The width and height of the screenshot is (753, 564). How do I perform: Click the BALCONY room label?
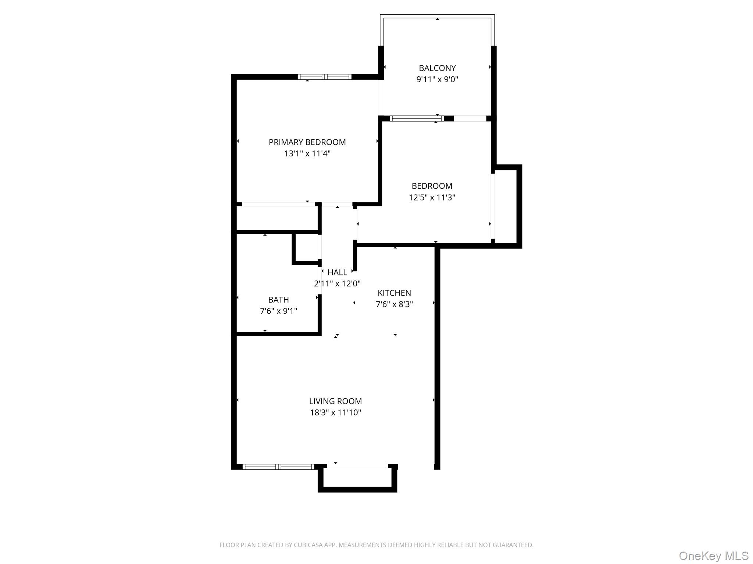pos(437,68)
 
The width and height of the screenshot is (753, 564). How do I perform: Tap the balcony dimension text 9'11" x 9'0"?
pos(437,80)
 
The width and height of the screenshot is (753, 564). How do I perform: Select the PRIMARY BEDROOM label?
pos(307,142)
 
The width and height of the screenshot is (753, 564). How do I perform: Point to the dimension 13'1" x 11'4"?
pos(307,153)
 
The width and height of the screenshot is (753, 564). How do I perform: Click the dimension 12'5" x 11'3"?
pos(432,198)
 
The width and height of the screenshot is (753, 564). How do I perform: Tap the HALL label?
pos(337,272)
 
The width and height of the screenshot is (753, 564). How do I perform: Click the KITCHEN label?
pos(394,293)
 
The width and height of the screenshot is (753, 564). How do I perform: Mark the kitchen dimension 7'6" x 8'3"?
pos(394,304)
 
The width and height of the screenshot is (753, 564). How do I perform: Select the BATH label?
pos(278,300)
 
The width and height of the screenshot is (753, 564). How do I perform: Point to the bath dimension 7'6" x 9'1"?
pos(278,311)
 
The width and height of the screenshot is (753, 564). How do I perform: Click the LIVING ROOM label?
pos(335,401)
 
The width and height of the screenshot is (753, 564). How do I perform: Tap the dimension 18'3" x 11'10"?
pos(335,413)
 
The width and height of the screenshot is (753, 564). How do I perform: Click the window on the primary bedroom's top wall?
pos(324,77)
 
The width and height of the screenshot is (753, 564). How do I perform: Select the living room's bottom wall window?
pos(278,467)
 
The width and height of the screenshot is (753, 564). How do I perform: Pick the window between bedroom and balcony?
pos(417,118)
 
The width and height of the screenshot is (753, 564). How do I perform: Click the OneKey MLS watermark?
pos(713,556)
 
